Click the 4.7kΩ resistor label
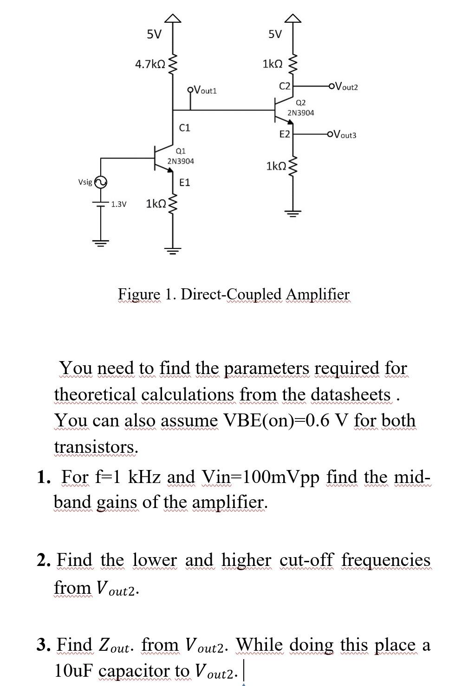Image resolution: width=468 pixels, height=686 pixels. tap(150, 64)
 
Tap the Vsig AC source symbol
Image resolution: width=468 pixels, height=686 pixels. tap(101, 182)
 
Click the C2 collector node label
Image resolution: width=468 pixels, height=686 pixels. tap(284, 86)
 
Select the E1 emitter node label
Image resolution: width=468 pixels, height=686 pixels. tap(184, 182)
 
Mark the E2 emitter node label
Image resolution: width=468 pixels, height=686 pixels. tap(284, 134)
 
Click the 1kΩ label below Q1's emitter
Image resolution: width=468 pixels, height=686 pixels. tap(156, 203)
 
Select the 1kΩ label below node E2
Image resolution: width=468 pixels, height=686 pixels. tap(276, 165)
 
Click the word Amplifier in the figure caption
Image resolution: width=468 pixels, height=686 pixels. tap(318, 294)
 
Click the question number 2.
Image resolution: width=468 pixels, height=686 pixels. tap(43, 560)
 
